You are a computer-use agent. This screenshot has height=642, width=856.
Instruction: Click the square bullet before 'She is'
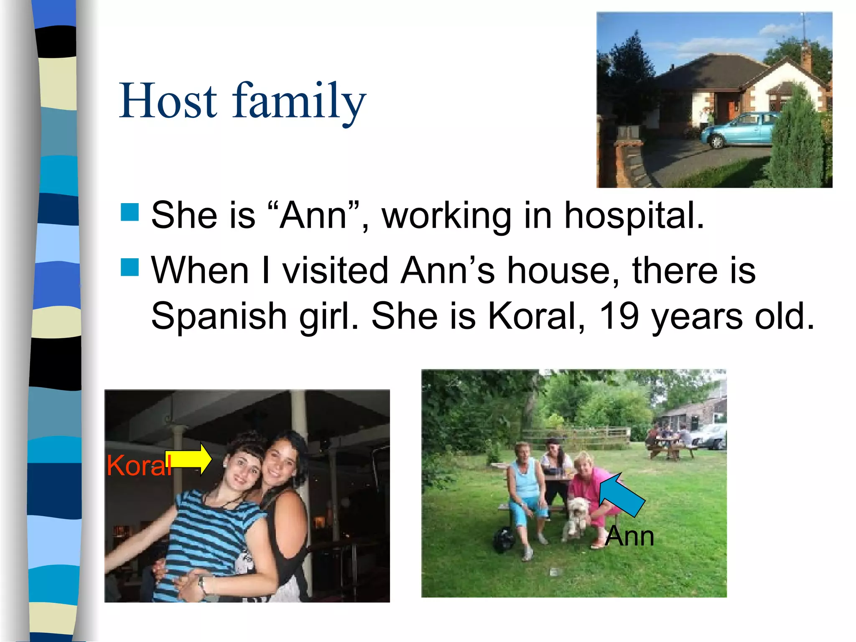tap(130, 212)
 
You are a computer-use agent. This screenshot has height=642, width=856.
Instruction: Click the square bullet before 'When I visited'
tap(130, 267)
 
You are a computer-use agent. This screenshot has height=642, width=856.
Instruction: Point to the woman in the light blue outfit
tap(525, 493)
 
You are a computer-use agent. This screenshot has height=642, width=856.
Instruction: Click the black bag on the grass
tap(504, 539)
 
